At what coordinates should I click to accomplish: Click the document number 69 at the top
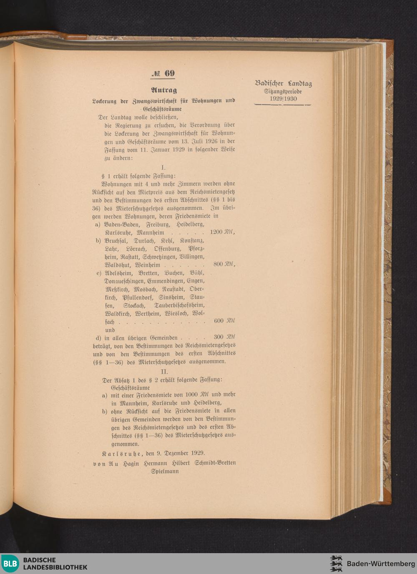[x=169, y=73]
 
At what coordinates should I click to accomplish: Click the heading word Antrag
[x=163, y=90]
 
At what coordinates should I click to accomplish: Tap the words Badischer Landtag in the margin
[x=283, y=83]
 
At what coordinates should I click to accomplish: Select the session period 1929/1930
[x=283, y=99]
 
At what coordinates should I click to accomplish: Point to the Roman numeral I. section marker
[x=163, y=168]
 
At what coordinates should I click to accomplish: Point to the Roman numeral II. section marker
[x=164, y=371]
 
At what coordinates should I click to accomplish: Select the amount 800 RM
[x=224, y=264]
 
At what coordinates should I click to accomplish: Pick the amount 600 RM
[x=224, y=321]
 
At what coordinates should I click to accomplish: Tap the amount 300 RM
[x=224, y=337]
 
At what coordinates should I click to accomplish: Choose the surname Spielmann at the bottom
[x=165, y=471]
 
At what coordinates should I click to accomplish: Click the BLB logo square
[x=10, y=564]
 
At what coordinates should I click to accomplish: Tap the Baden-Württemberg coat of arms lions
[x=336, y=564]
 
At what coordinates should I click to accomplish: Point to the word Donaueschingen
[x=124, y=281]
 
